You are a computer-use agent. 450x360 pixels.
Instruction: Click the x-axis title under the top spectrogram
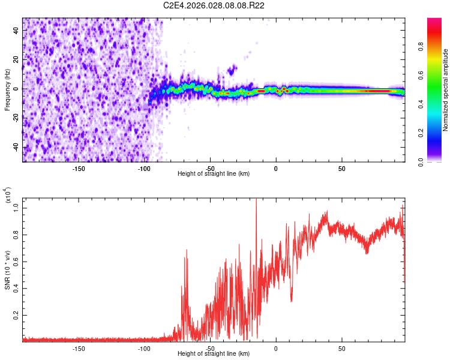pos(214,173)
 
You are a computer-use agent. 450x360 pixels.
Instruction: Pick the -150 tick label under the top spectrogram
pos(79,168)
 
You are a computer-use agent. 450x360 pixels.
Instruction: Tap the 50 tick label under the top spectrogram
pos(341,168)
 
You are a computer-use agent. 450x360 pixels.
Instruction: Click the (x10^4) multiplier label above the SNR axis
pos(8,196)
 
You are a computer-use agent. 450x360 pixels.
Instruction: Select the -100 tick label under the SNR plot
pos(144,348)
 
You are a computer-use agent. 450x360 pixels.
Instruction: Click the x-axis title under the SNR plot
pos(214,353)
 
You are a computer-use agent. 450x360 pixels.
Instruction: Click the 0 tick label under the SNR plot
pos(276,348)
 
